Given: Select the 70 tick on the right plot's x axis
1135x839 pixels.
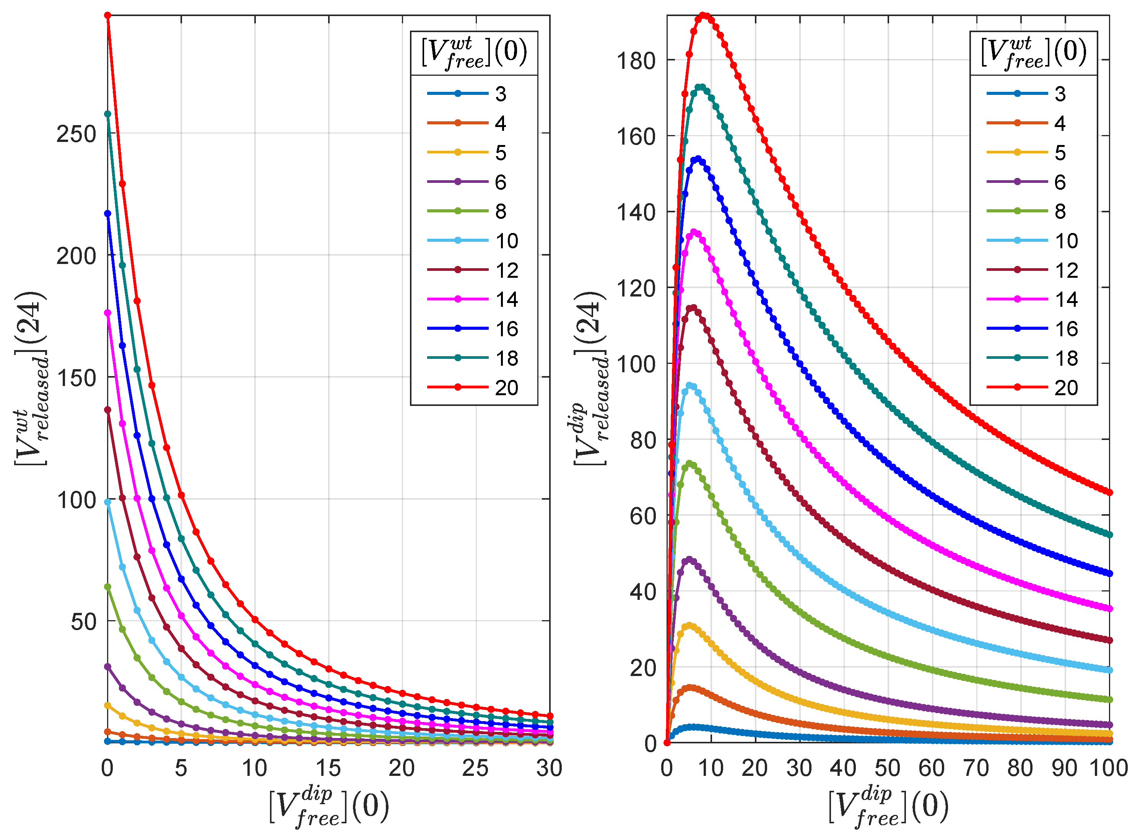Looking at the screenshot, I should pyautogui.click(x=976, y=768).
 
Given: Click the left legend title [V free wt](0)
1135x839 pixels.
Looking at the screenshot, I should pyautogui.click(x=473, y=53).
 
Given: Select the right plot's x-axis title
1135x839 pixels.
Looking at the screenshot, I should pyautogui.click(x=888, y=808).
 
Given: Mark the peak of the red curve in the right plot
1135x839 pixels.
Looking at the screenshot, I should pyautogui.click(x=703, y=16).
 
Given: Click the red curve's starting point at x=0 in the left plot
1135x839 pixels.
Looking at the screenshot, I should pyautogui.click(x=107, y=16).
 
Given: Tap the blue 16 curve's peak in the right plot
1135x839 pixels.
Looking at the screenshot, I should pyautogui.click(x=698, y=160).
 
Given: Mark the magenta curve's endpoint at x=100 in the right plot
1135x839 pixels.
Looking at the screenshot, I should pyautogui.click(x=1110, y=608).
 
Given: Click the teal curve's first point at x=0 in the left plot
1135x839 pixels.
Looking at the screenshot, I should pyautogui.click(x=107, y=114).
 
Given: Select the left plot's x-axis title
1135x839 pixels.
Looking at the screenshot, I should pyautogui.click(x=328, y=808).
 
